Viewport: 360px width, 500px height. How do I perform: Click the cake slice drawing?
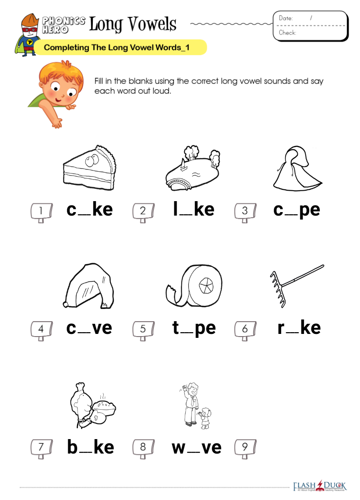(x=89, y=168)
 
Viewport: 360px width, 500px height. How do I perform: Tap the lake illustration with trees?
(x=193, y=169)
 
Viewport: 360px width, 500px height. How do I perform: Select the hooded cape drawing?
(x=297, y=169)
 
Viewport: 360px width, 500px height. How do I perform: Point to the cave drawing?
(x=89, y=286)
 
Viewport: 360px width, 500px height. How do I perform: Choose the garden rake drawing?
(x=297, y=286)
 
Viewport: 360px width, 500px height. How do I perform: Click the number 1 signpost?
(x=42, y=212)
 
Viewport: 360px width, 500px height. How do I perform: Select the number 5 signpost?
(x=143, y=330)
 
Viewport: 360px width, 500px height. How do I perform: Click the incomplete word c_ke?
(x=89, y=209)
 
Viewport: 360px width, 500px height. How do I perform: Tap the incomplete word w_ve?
(x=197, y=447)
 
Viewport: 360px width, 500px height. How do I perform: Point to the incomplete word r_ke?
(x=299, y=327)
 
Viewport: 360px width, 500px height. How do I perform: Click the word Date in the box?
(x=286, y=18)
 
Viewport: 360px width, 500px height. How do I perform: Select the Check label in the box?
(x=287, y=32)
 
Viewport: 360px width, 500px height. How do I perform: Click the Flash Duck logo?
(x=320, y=486)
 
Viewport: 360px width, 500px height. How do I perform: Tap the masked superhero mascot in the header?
(x=28, y=35)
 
